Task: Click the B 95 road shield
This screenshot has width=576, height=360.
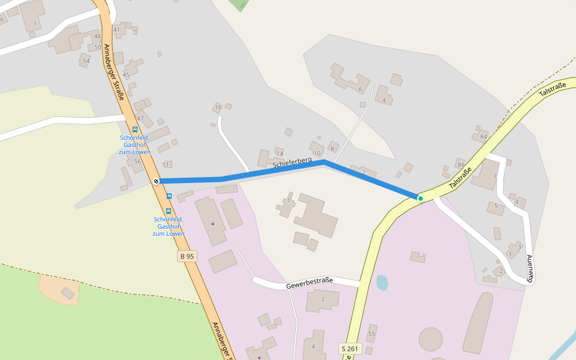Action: tap(187, 256)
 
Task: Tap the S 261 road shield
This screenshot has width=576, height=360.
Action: tap(349, 348)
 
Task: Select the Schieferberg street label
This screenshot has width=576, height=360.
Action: tap(292, 162)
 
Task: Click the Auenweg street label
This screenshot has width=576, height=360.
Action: tap(530, 268)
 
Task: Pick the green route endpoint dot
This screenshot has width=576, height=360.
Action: tap(421, 199)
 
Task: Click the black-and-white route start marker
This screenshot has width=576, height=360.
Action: tap(156, 181)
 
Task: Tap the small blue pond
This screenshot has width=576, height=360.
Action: tap(382, 282)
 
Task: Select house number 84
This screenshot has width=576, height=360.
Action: tap(483, 136)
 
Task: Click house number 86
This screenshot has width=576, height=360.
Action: tap(461, 164)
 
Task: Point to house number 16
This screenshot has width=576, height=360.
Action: tap(218, 107)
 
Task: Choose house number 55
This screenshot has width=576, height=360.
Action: tap(371, 334)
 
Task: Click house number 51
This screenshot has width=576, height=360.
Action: tap(166, 164)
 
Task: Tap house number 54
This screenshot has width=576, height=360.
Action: tap(86, 61)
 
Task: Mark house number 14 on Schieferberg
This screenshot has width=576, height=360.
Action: tap(280, 154)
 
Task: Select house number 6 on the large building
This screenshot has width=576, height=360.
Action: tap(360, 89)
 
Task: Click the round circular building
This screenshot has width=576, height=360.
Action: tap(431, 339)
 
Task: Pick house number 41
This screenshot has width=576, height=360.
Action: tap(116, 29)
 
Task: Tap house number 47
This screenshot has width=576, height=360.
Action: tap(140, 118)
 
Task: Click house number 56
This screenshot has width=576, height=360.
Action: tap(137, 161)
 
